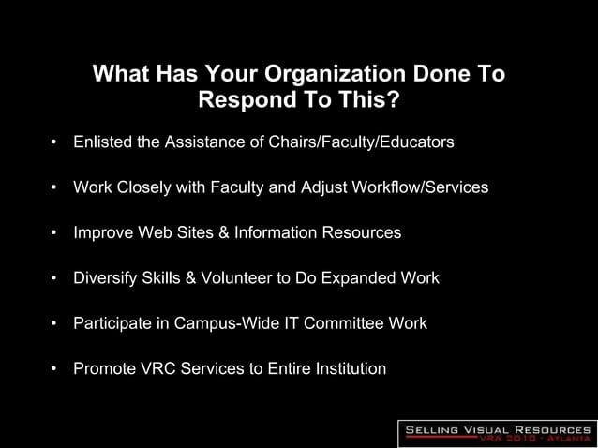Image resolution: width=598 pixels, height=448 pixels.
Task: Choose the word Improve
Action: point(105,232)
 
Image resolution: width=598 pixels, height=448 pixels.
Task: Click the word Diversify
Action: point(106,278)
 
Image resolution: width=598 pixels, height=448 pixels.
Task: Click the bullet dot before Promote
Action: point(54,369)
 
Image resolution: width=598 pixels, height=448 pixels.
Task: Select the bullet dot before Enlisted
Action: point(54,143)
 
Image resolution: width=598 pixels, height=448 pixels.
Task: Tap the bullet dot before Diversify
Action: point(54,279)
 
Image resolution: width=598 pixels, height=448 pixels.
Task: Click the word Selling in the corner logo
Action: point(433,429)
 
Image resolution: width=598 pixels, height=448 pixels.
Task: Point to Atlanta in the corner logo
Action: point(563,439)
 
